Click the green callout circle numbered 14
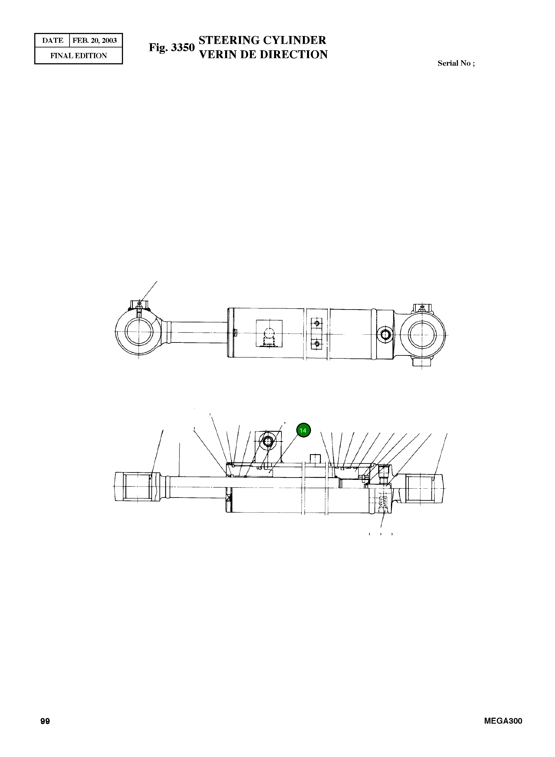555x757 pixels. pos(303,430)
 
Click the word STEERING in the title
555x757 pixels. pos(229,40)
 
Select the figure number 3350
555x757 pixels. pos(183,47)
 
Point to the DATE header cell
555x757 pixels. pos(52,41)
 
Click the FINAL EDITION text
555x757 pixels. pos(79,56)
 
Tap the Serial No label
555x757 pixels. pos(456,63)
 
